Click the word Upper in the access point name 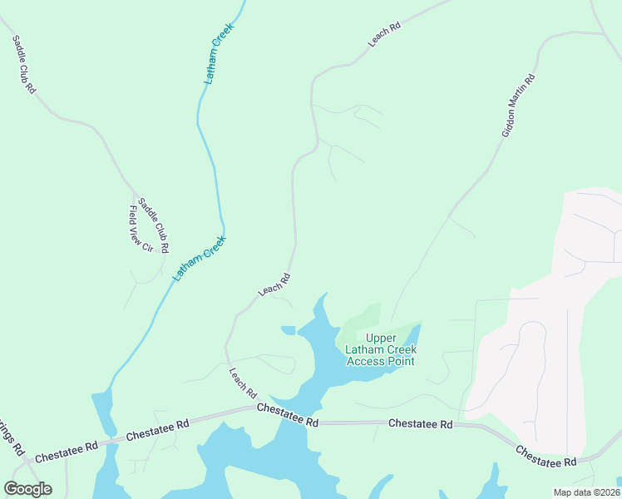382,338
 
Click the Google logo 27,489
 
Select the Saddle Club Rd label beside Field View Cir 154,225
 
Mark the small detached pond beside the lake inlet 289,330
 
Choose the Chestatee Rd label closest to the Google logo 67,449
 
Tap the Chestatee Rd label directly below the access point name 421,424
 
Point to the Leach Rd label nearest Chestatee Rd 243,383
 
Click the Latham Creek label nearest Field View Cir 200,258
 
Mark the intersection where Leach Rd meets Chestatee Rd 254,407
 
